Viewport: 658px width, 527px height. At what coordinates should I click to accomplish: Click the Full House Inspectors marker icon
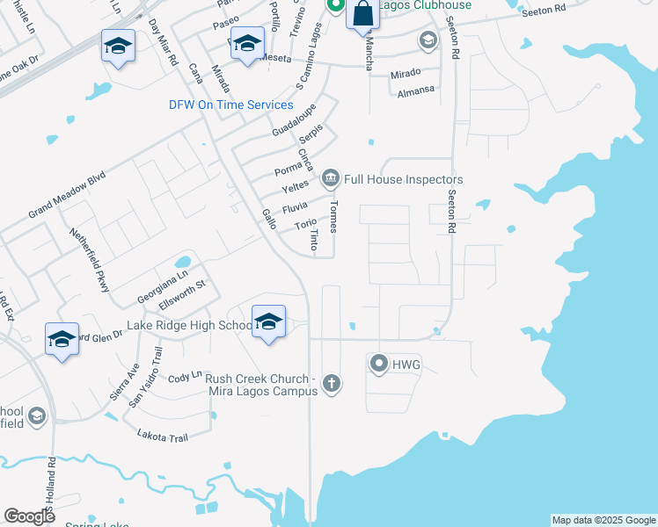331,179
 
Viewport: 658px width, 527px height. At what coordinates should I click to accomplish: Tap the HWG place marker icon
379,363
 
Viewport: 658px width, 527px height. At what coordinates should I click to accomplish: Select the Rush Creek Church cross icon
331,383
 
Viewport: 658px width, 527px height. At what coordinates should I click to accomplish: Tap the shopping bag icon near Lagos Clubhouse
362,14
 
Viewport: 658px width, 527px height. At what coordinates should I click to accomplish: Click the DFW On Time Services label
231,105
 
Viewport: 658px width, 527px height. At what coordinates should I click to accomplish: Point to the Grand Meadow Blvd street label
67,195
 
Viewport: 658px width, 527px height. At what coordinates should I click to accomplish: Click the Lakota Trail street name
163,435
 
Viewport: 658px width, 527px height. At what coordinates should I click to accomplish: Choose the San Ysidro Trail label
146,377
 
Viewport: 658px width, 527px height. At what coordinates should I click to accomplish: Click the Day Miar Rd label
163,42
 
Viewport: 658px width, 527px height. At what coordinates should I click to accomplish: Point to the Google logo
30,516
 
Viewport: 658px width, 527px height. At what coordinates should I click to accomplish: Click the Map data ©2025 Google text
603,520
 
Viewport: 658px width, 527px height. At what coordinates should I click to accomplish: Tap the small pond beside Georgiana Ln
183,262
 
